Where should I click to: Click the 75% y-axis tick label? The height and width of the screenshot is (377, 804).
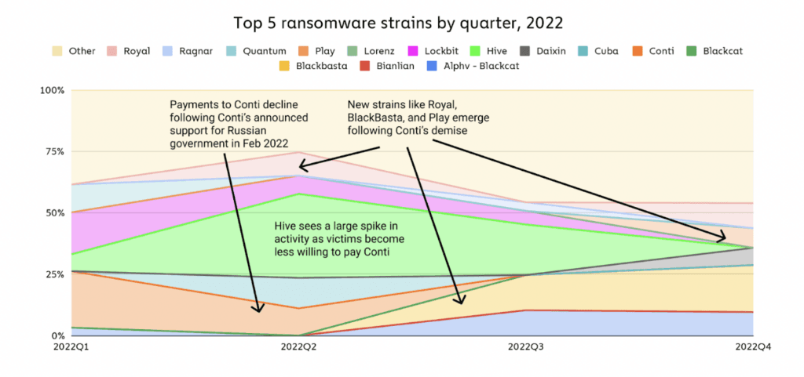[56, 151]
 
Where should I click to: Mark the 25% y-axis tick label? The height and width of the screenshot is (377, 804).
[56, 274]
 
